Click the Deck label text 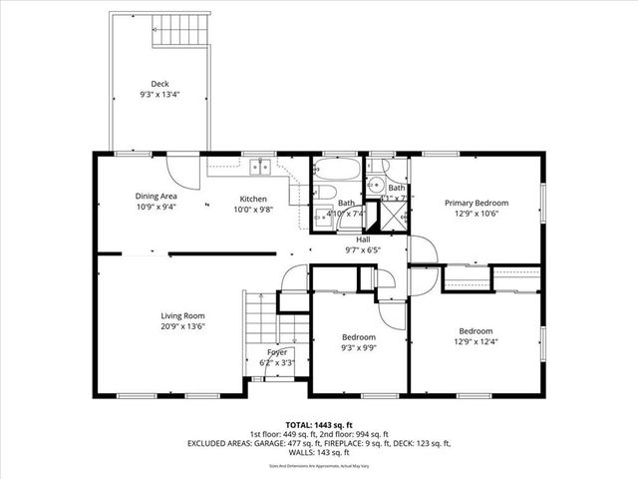click(x=159, y=84)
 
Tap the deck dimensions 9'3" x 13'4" click(x=159, y=95)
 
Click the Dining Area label click(x=157, y=197)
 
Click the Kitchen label click(x=252, y=198)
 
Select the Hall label click(x=364, y=239)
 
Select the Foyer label click(x=276, y=353)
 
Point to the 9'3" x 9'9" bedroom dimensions click(x=359, y=348)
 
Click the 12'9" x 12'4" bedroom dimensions click(x=476, y=342)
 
